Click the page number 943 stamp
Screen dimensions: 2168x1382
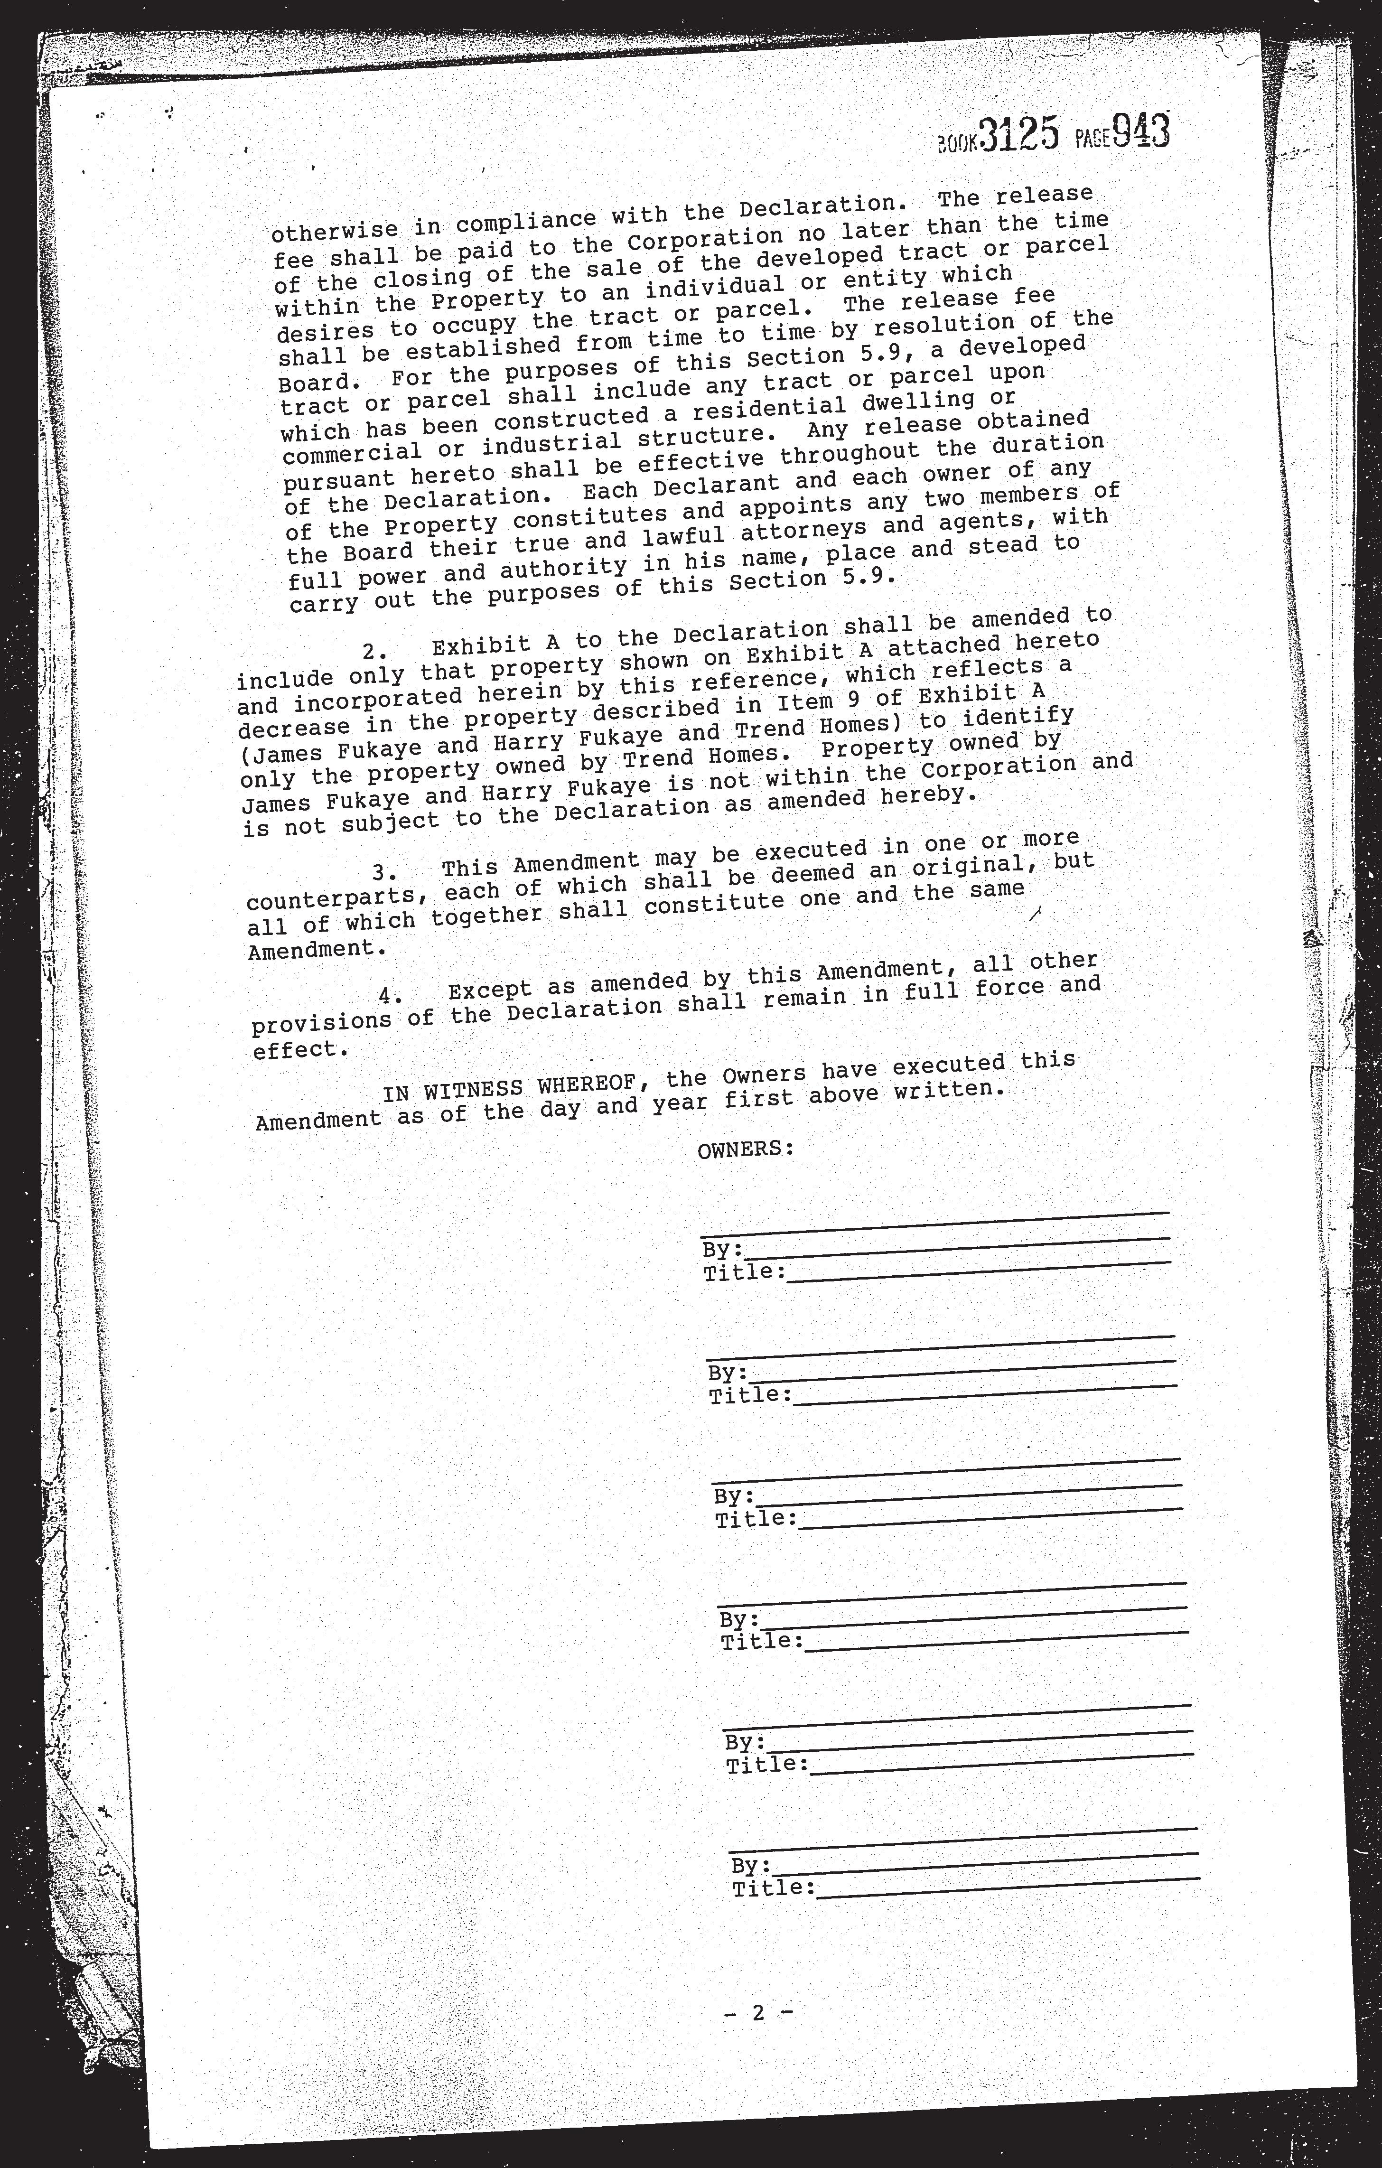pyautogui.click(x=1141, y=131)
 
